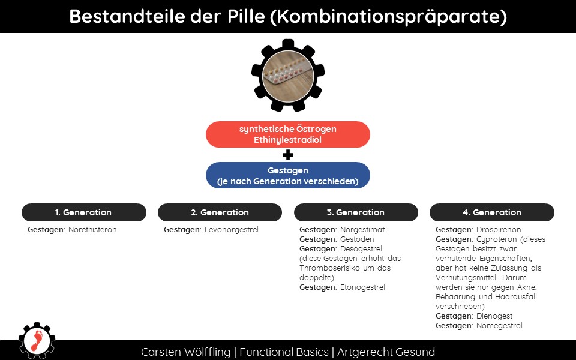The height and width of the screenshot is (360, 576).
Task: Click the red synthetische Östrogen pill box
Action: tap(287, 134)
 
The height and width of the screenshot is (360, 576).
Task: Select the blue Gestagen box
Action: tap(287, 175)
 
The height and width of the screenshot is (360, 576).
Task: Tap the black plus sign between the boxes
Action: tap(288, 155)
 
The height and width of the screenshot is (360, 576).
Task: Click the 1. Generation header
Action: tap(84, 212)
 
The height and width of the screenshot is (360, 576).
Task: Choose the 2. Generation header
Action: tap(220, 212)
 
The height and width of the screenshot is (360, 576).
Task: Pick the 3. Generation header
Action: tap(356, 212)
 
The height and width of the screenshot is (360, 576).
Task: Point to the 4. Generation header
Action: tap(492, 212)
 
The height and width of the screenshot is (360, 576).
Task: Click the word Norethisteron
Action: tap(92, 230)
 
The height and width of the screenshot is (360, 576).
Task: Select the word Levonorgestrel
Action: tap(232, 230)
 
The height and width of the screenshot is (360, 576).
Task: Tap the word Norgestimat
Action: tap(362, 230)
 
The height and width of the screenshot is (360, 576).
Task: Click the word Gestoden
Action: tap(357, 239)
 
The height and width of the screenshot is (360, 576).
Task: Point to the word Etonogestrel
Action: tap(362, 287)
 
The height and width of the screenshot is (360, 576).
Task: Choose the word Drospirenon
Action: tap(499, 230)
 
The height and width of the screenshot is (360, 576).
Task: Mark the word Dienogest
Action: tap(494, 316)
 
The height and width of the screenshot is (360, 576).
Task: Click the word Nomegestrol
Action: tap(499, 325)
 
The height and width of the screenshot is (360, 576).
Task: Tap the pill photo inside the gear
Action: tap(288, 76)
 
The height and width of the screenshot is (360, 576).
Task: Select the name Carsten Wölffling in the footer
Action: tap(185, 352)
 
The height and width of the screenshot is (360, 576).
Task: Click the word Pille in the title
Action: tap(246, 16)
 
